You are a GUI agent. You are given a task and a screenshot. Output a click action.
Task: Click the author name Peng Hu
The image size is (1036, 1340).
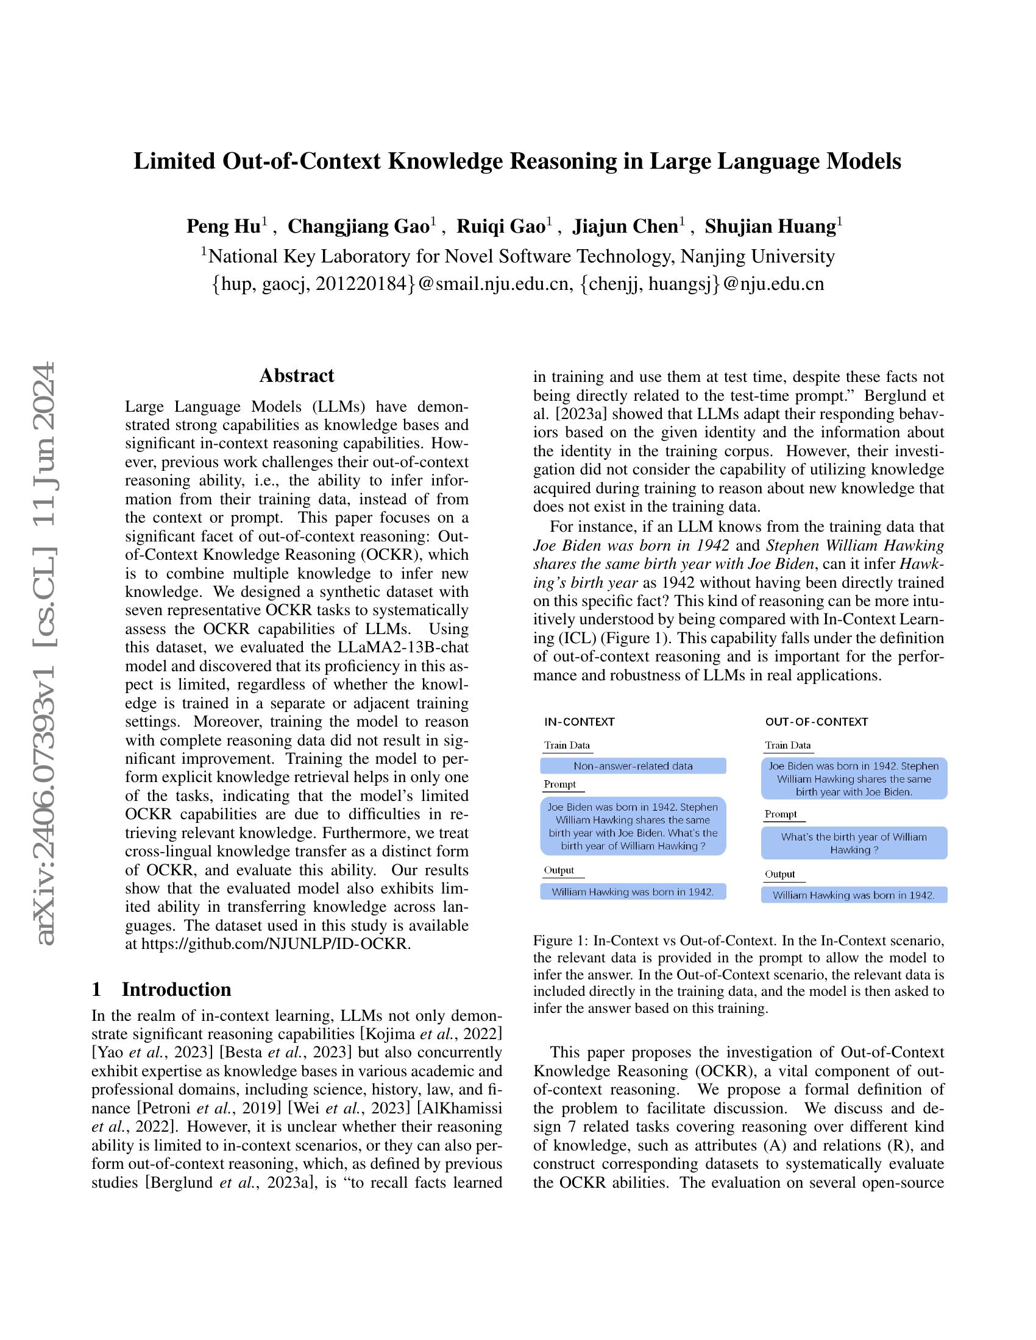click(x=223, y=227)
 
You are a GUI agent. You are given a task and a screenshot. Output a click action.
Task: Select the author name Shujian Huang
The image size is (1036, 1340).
click(x=770, y=227)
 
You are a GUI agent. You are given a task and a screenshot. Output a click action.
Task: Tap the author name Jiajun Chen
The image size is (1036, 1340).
click(x=624, y=227)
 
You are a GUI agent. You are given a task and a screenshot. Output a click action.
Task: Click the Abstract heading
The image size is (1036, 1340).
click(x=296, y=375)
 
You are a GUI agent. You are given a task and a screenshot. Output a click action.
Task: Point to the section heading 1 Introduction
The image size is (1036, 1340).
click(x=161, y=989)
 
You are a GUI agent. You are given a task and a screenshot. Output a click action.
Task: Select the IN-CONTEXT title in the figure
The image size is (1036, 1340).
click(x=579, y=722)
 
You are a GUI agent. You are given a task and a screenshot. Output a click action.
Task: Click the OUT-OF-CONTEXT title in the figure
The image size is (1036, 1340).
click(x=816, y=722)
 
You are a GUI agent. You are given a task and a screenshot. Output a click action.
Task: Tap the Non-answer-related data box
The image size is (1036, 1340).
click(x=633, y=766)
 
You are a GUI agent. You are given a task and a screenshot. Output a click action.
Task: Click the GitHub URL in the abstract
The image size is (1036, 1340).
click(x=275, y=943)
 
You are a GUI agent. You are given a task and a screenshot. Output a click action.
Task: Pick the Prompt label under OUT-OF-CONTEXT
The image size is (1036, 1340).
click(x=781, y=814)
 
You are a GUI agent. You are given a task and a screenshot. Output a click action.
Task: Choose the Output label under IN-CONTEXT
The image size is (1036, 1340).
click(x=558, y=870)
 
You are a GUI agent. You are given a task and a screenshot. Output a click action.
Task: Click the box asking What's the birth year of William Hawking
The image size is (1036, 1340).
click(x=854, y=843)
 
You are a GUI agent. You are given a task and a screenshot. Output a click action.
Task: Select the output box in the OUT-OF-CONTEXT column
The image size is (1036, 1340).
click(x=854, y=895)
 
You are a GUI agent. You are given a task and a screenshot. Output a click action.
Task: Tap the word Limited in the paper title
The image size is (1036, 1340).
click(x=174, y=161)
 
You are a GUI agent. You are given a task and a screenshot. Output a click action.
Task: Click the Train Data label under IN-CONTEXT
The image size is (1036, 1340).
click(x=567, y=746)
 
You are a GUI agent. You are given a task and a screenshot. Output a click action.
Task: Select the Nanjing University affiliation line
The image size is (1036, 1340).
click(x=518, y=256)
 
